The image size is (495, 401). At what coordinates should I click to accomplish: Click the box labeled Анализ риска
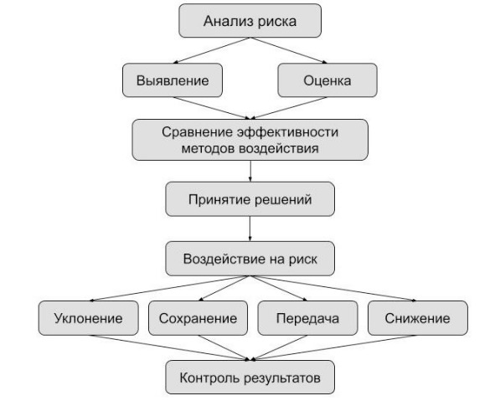tap(250, 21)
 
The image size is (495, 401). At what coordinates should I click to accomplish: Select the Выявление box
tap(173, 80)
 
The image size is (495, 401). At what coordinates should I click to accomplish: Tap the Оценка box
tap(327, 80)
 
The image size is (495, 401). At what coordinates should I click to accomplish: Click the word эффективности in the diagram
tap(287, 131)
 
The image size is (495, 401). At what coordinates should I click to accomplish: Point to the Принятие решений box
tap(250, 199)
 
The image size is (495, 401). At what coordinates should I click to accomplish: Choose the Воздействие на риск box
tap(250, 259)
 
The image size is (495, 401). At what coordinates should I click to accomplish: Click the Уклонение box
tap(89, 318)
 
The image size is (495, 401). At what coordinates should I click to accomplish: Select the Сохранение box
tap(198, 318)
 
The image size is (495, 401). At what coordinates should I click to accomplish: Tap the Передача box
tap(307, 318)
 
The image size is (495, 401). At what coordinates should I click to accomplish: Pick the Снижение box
tap(418, 318)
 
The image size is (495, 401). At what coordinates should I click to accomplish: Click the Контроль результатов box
tap(250, 378)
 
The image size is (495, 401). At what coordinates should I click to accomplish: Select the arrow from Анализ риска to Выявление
tap(212, 50)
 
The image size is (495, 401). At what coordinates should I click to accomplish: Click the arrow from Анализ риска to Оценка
tap(288, 50)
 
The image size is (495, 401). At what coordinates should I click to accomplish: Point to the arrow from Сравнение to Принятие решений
tap(250, 171)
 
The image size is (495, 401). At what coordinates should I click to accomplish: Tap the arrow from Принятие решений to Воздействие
tap(250, 229)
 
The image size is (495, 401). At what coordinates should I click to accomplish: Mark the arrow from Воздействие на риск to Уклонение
tap(169, 288)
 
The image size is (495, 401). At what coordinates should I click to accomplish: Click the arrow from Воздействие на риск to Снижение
tap(333, 288)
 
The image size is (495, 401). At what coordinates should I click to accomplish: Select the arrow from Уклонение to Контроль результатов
tap(169, 347)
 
